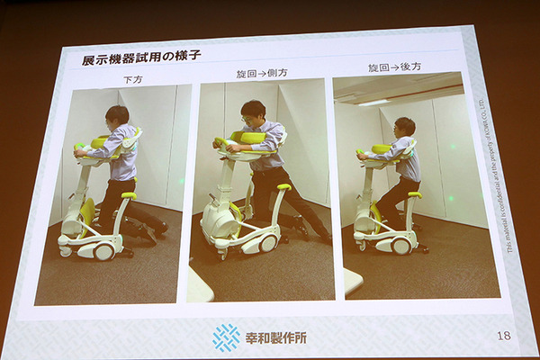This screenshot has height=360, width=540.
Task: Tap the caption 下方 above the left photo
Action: point(133,79)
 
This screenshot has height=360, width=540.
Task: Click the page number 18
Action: point(504,335)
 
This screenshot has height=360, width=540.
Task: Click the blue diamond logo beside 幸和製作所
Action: point(226,337)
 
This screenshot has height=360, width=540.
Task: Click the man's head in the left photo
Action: point(117,117)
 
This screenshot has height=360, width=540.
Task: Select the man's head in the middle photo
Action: point(253,113)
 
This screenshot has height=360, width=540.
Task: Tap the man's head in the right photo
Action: point(405,127)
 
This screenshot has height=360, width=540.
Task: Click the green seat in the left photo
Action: point(128,196)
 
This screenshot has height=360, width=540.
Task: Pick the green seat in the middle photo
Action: point(282,187)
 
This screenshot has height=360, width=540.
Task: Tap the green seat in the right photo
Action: point(414,194)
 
